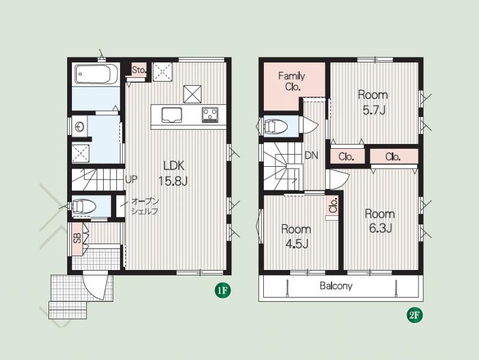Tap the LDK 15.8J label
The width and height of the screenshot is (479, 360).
point(173,173)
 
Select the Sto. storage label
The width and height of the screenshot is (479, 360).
point(139,70)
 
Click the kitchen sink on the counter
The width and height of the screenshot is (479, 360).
point(171,115)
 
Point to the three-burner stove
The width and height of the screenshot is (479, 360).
point(210,115)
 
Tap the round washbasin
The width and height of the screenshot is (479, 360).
point(80,127)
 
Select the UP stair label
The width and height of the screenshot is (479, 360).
point(132,179)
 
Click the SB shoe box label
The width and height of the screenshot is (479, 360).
point(77,238)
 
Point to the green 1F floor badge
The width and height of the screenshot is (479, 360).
point(222,290)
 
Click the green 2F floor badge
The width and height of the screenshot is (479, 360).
point(415,315)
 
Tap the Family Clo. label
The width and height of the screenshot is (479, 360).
point(292,81)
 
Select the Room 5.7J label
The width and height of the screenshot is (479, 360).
point(373,102)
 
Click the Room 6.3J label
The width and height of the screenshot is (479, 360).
point(380,221)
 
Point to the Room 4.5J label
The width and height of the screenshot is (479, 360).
point(296,236)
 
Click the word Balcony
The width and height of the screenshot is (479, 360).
point(336,286)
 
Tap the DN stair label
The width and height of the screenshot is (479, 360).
point(311,155)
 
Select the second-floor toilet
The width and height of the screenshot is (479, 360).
point(275,127)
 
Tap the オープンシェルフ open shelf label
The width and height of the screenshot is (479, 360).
point(145,206)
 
